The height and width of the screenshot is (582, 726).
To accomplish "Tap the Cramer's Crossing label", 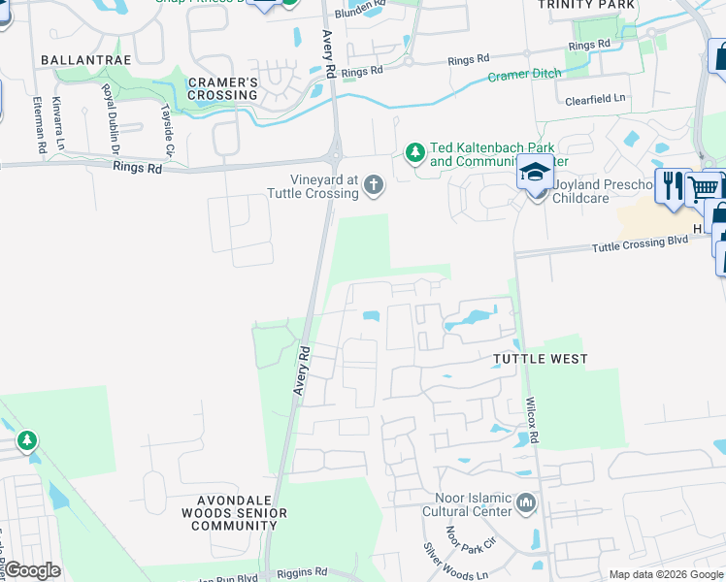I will point(222,88).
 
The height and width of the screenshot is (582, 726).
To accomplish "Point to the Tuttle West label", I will point(541,359).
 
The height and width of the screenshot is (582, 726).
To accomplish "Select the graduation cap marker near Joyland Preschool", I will point(534,173).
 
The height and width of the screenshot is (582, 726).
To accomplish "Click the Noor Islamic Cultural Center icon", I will point(526,502).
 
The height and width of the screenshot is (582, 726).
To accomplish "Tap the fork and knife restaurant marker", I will point(671,182).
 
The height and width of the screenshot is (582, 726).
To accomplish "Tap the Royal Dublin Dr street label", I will point(110,120).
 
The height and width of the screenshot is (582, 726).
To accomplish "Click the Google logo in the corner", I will point(32,570).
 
